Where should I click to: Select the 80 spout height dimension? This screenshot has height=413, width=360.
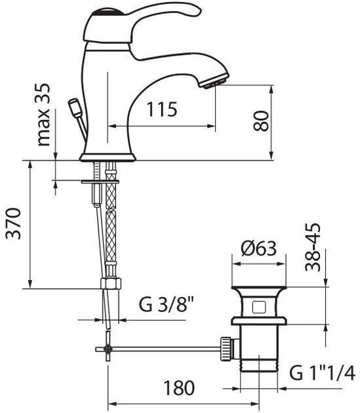[x=261, y=121]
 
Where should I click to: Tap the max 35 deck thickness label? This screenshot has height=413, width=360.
[x=43, y=115]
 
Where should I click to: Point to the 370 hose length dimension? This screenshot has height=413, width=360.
[x=13, y=224]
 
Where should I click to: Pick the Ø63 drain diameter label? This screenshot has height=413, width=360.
[x=258, y=248]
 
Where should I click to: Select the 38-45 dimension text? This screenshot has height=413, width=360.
[x=313, y=247]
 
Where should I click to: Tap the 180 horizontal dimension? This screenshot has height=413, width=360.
[x=179, y=387]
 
